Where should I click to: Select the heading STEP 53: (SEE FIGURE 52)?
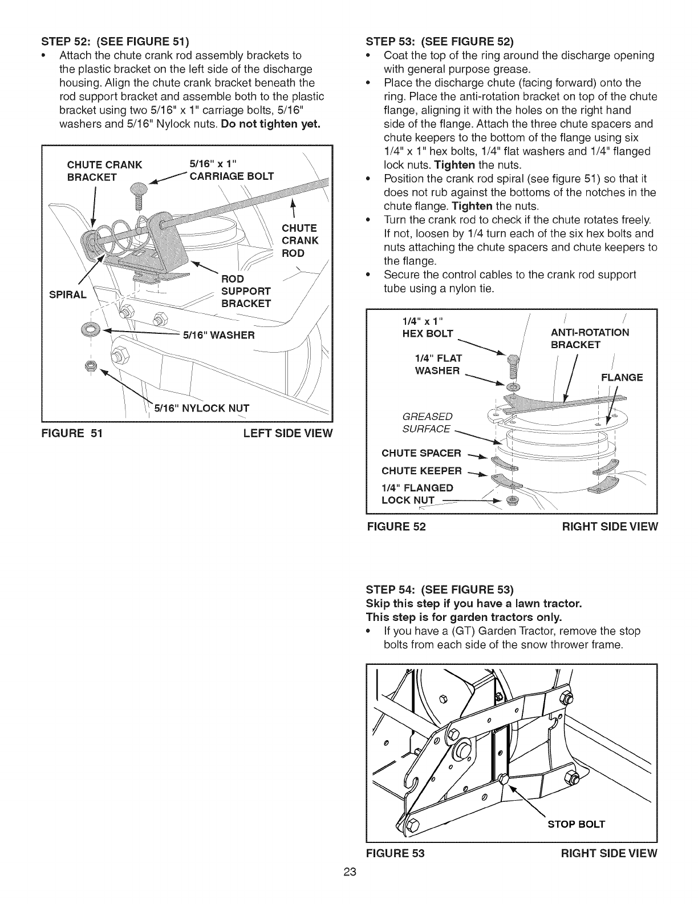click(x=439, y=41)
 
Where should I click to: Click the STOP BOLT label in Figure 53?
click(x=576, y=824)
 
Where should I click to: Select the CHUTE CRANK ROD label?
click(x=299, y=240)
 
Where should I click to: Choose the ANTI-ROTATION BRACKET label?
click(x=590, y=338)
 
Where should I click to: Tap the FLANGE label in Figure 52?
click(x=622, y=377)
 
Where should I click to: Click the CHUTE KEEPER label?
click(x=421, y=470)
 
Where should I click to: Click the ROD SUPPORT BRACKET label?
click(x=246, y=290)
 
